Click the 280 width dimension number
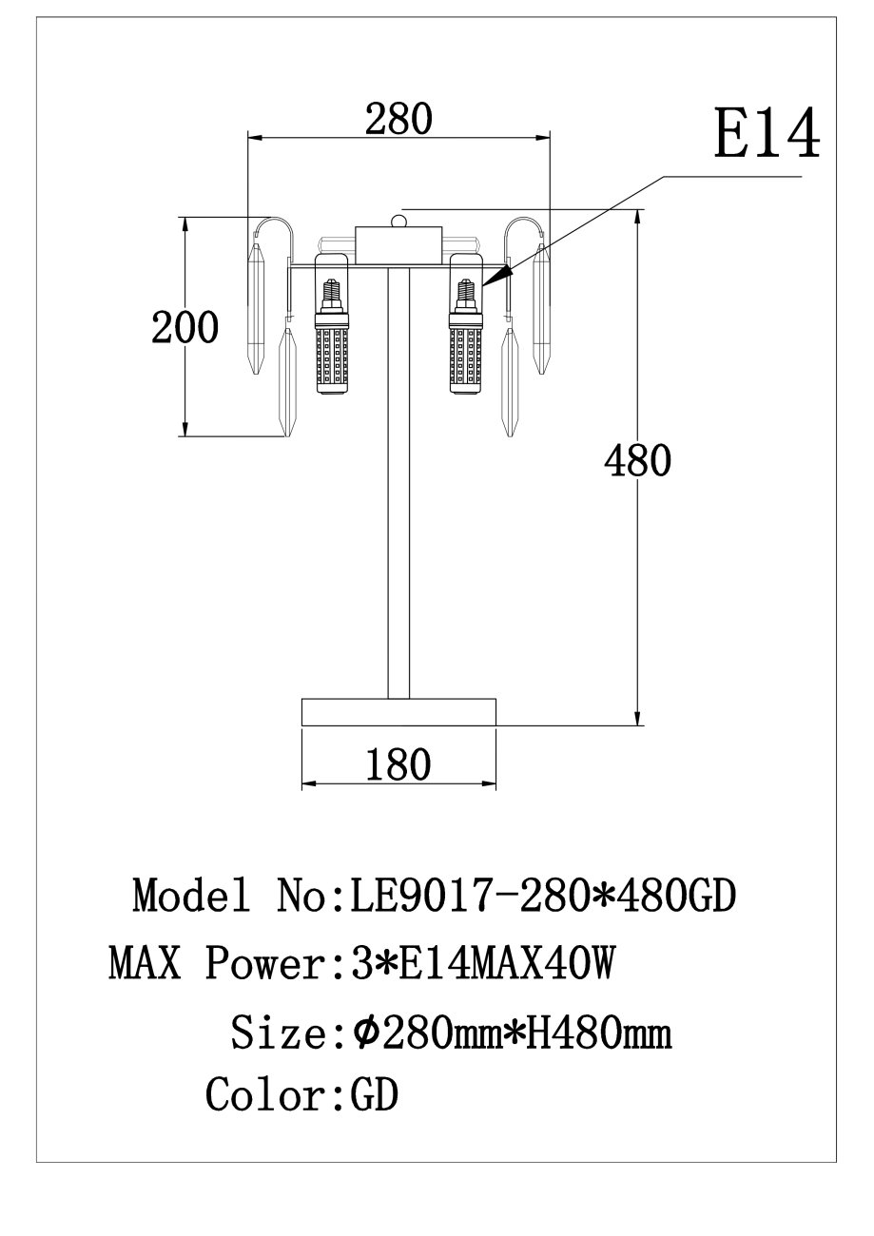(398, 119)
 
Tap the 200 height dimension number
(185, 327)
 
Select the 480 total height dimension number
(637, 460)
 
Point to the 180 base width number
(398, 764)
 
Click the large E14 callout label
(767, 133)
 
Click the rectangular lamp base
(398, 712)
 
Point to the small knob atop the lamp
(398, 221)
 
